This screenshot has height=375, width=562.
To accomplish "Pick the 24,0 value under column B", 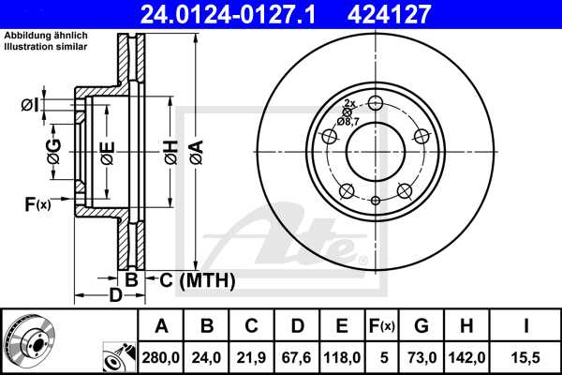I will (207, 356).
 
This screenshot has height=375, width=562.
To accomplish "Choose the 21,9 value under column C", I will (252, 356).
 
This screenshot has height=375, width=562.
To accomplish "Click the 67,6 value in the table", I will (297, 356).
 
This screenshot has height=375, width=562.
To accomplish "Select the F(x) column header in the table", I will (381, 326).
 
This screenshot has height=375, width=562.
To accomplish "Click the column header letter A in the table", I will (161, 326).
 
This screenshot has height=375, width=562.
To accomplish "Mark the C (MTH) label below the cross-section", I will (192, 279).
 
